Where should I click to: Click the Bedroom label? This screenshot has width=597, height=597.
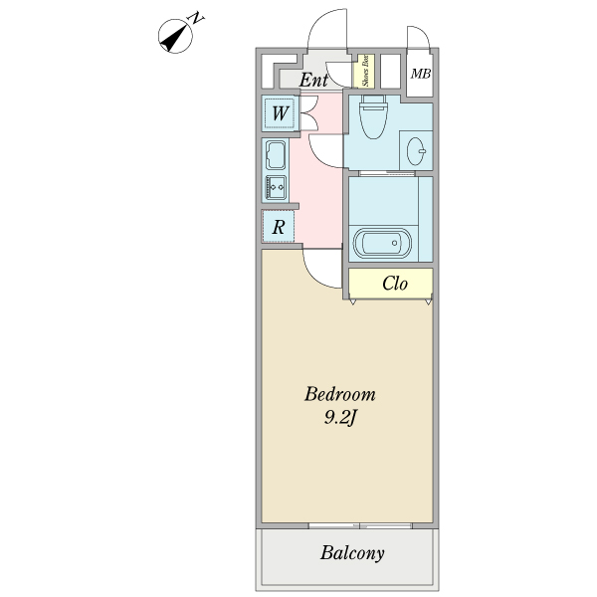point(339,394)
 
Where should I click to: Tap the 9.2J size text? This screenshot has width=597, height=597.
point(339,419)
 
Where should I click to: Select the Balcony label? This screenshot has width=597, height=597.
point(352,553)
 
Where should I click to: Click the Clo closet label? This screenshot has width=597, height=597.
point(394,284)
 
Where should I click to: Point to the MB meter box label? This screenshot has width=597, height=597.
point(420,74)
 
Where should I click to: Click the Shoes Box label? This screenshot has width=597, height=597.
point(365,71)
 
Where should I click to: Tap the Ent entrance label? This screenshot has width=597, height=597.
point(313,80)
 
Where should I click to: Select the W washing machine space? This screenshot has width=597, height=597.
point(280,113)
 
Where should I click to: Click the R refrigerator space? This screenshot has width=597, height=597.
point(279,227)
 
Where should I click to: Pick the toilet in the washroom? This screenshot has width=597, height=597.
point(373,115)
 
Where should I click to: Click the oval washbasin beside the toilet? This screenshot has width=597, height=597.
point(416,151)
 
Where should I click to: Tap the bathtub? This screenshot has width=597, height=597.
point(383,244)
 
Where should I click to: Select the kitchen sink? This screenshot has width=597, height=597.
point(276,155)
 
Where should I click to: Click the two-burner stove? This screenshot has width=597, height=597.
point(276,187)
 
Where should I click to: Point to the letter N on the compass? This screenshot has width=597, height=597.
point(196,18)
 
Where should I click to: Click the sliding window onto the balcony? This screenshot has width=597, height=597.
point(360,525)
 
